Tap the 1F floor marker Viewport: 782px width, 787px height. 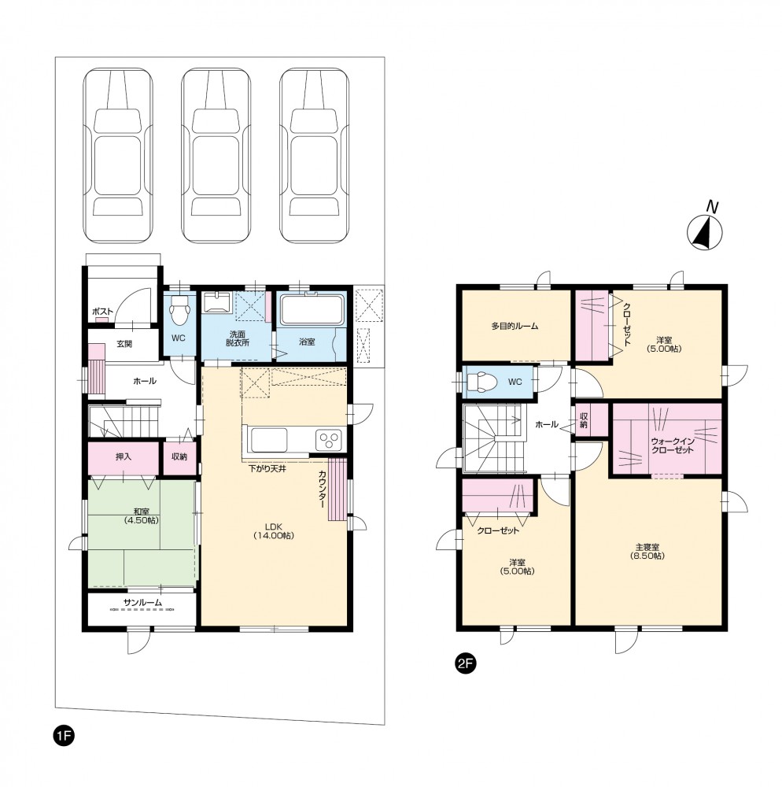coord(64,737)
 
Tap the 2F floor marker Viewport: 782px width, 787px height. coord(464,663)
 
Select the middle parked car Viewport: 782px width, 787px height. coord(216,156)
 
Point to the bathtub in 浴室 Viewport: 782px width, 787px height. coord(312,310)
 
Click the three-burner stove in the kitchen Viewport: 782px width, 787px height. coord(329,440)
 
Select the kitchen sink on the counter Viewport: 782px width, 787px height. coord(269,440)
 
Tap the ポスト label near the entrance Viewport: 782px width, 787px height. coord(102,312)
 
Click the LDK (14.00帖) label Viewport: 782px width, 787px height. coord(273,531)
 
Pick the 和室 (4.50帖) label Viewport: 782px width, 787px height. coord(142,516)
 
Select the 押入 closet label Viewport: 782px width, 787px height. coord(124,456)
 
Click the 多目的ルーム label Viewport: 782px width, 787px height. coord(515,327)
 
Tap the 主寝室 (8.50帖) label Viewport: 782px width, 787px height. coord(647,551)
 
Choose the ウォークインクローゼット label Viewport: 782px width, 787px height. coord(672,445)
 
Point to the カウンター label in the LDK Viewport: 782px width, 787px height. coord(322,490)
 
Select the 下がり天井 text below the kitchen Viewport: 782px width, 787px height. coord(267,469)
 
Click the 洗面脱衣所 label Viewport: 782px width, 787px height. coord(238,338)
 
